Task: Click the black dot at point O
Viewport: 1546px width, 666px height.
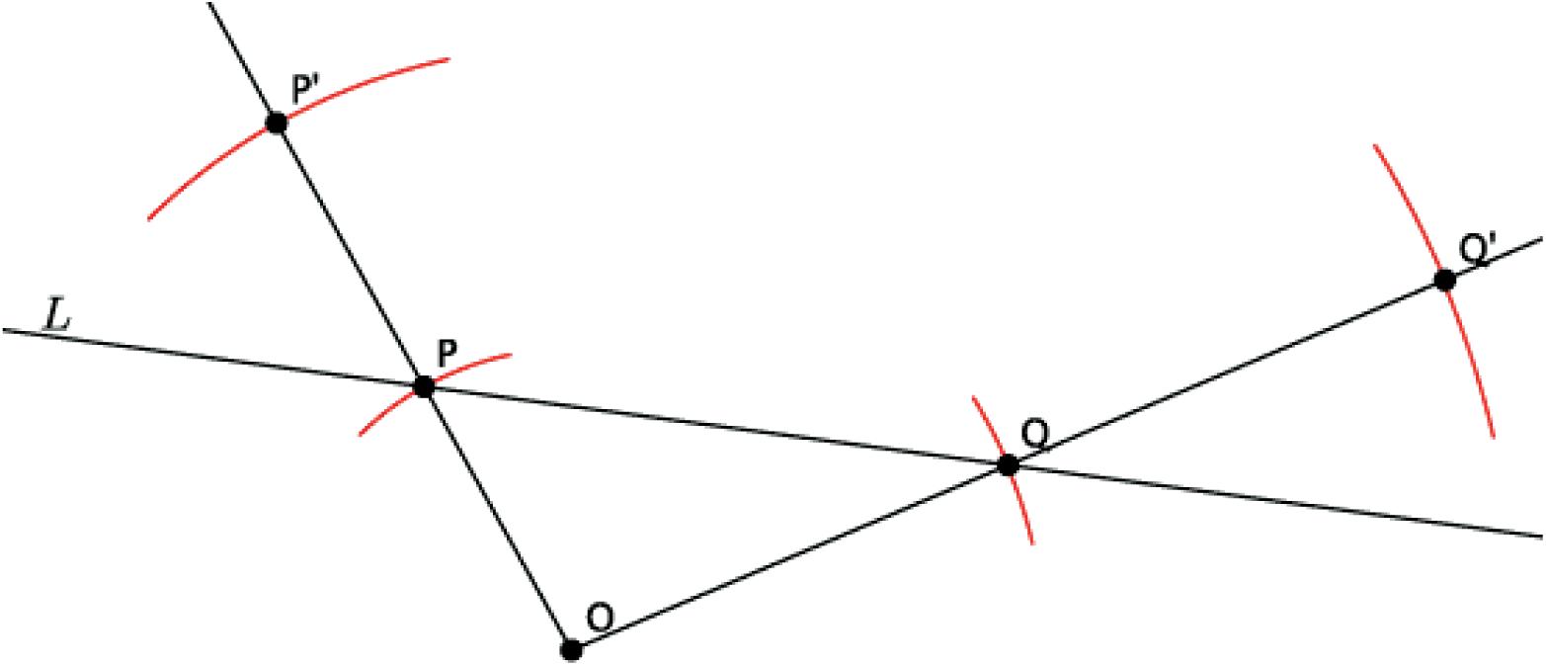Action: click(571, 649)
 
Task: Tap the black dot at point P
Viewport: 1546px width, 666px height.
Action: click(424, 387)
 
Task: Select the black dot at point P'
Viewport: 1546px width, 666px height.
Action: click(277, 124)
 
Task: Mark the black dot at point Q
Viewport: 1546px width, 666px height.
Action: click(1008, 464)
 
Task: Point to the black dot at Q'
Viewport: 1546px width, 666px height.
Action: click(1444, 280)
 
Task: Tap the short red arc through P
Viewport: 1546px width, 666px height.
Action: click(474, 363)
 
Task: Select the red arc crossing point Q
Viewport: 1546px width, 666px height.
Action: click(1023, 514)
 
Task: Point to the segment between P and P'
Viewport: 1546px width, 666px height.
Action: click(351, 256)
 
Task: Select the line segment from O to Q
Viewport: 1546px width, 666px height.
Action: click(790, 556)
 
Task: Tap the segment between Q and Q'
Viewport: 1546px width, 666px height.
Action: click(1225, 373)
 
